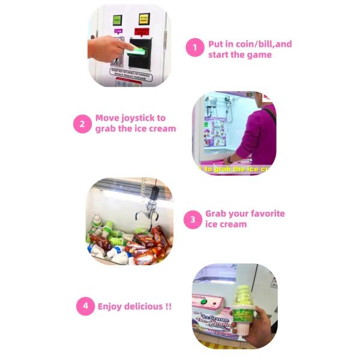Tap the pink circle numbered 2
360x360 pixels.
tap(82, 124)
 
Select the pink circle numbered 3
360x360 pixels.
tap(192, 219)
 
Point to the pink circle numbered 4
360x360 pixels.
tap(85, 306)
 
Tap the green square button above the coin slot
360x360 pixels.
tap(117, 19)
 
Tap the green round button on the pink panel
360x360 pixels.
tap(204, 302)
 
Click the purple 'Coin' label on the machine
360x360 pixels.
tap(119, 31)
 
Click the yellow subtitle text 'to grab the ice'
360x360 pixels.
tap(231, 169)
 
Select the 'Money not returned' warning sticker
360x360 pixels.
tap(130, 74)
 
